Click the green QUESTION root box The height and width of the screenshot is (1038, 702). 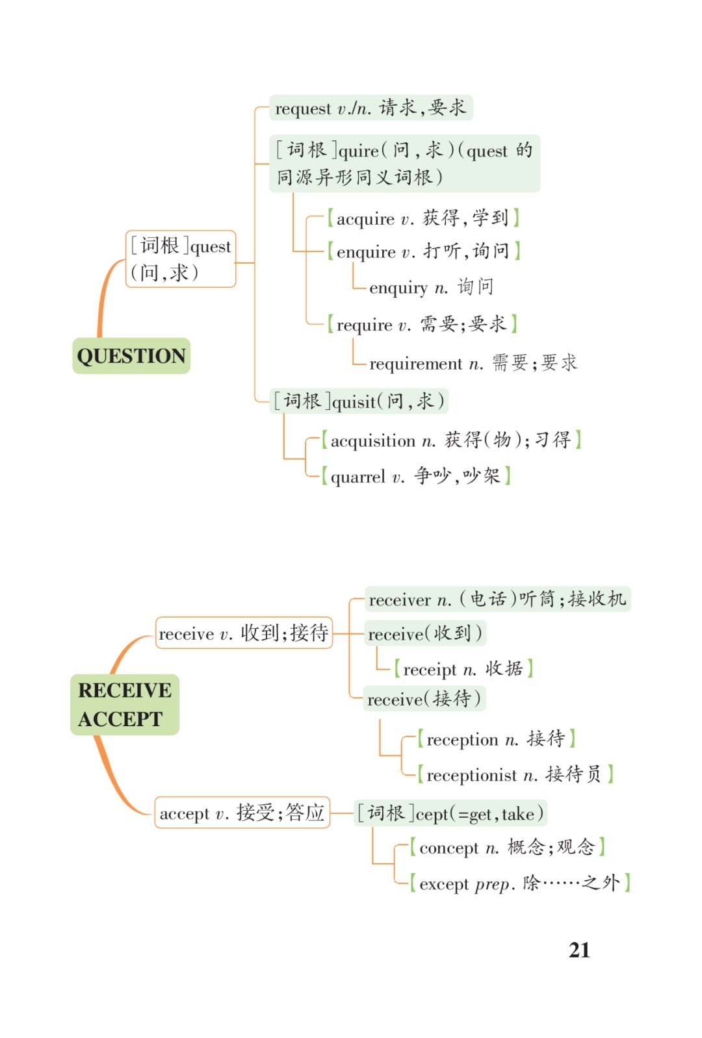131,356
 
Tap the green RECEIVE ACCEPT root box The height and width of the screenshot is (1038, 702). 124,704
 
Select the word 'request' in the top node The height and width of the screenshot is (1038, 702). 303,108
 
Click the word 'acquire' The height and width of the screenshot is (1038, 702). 365,219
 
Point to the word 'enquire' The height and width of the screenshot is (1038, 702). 366,252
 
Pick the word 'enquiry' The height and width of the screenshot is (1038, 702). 398,288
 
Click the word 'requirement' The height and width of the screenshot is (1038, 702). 415,364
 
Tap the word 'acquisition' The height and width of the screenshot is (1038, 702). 372,441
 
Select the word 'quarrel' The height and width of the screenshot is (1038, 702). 357,477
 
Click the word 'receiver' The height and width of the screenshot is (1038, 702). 400,600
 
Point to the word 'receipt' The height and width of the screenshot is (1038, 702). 430,670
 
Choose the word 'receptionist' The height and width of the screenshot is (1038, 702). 471,776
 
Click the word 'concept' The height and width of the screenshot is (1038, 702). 448,848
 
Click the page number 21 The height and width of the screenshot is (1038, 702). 579,950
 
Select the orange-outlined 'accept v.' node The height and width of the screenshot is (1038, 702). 242,813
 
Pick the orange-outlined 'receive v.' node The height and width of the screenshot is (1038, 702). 244,633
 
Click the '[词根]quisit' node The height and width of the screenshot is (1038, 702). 359,401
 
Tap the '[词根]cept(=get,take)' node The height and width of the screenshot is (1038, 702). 450,813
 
